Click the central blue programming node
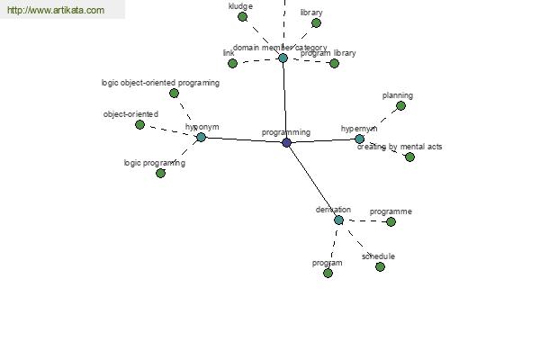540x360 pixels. pyautogui.click(x=286, y=142)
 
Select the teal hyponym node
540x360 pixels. pyautogui.click(x=201, y=137)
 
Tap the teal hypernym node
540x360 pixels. pyautogui.click(x=359, y=139)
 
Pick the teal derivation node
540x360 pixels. pyautogui.click(x=338, y=220)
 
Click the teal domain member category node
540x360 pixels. pyautogui.click(x=283, y=58)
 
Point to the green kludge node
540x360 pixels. pyautogui.click(x=242, y=16)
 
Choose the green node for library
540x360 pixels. pyautogui.click(x=316, y=23)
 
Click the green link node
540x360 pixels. pyautogui.click(x=232, y=63)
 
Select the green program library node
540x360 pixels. pyautogui.click(x=334, y=63)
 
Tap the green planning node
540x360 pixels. pyautogui.click(x=400, y=106)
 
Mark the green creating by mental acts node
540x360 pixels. pyautogui.click(x=409, y=157)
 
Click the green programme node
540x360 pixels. pyautogui.click(x=391, y=222)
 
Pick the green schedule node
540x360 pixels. pyautogui.click(x=380, y=266)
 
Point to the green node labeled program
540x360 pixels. pyautogui.click(x=328, y=274)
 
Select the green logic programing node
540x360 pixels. pyautogui.click(x=160, y=174)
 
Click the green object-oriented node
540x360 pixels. pyautogui.click(x=139, y=124)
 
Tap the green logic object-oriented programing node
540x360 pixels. pyautogui.click(x=174, y=93)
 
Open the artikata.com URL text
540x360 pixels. pyautogui.click(x=56, y=10)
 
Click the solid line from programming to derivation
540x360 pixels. pyautogui.click(x=312, y=181)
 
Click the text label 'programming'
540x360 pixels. pyautogui.click(x=286, y=132)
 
